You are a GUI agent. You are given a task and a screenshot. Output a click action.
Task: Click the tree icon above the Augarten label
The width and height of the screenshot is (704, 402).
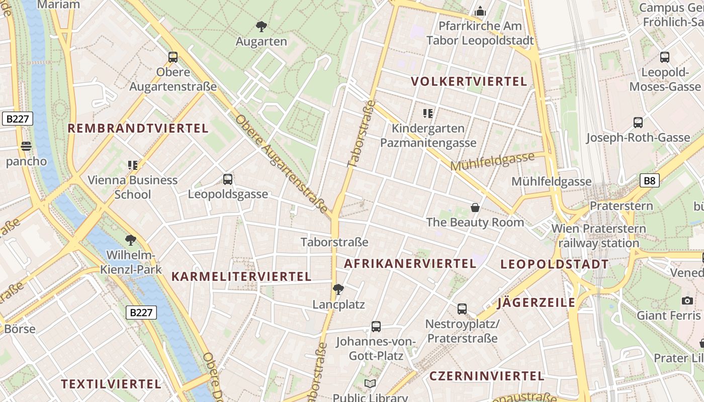coord(261,27)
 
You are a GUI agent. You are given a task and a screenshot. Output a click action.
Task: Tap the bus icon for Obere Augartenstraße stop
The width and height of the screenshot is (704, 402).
coord(173,57)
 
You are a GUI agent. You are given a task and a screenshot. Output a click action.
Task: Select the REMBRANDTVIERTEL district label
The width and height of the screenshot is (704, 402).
coord(138,128)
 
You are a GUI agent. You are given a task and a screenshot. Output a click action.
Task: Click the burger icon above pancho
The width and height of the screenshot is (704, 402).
coord(26,147)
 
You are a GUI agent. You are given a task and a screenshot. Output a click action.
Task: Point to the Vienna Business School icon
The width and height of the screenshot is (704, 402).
coord(133,165)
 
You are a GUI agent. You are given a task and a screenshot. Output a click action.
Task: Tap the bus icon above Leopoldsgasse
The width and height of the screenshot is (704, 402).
coord(228,179)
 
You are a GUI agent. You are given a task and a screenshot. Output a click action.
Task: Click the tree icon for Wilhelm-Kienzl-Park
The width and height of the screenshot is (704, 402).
coord(131,240)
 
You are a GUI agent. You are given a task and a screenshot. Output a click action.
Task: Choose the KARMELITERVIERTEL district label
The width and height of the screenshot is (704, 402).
coord(241,276)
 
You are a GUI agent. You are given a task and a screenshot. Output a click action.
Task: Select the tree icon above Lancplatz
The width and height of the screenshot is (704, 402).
coord(338,289)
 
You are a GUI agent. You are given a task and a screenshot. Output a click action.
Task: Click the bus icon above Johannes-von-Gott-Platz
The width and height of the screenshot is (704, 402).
coord(376,327)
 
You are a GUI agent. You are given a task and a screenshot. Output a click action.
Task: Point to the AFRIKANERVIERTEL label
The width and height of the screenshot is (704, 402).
coord(410,263)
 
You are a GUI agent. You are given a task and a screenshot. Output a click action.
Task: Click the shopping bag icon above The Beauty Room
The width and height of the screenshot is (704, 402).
coord(475,207)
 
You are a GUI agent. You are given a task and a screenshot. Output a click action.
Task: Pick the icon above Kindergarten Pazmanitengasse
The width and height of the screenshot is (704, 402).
coord(428,114)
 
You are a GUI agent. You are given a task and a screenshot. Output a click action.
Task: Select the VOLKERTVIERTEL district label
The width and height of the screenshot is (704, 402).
coord(469,81)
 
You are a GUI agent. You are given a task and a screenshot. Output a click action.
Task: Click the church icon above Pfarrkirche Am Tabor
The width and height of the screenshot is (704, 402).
coord(480,11)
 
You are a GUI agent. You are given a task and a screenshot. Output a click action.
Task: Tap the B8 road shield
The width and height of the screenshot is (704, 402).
coord(649,181)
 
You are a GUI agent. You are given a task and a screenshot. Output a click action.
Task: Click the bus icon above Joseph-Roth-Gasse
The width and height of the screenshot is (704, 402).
coord(638,122)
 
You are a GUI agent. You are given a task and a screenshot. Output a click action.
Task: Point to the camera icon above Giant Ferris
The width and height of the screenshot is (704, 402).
coord(687,300)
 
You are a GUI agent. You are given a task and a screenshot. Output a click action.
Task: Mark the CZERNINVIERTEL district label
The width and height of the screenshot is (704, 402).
coord(486,376)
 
